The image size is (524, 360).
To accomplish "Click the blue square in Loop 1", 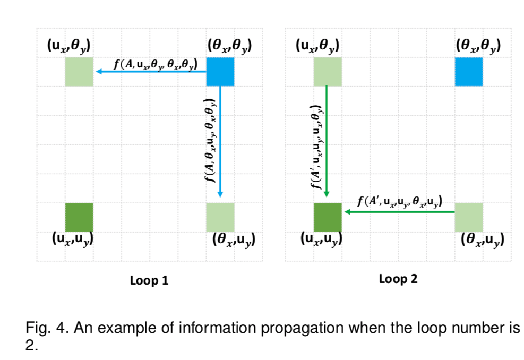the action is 220,72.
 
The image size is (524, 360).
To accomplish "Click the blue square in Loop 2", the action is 469,72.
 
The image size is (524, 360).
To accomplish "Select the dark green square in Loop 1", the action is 79,217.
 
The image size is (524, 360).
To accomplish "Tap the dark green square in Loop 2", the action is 328,217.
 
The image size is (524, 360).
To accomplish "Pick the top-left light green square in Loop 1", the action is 79,72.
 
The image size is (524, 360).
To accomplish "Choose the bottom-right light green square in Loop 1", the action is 220,217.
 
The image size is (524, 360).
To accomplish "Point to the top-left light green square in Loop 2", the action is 328,72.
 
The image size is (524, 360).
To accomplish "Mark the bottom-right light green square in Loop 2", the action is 469,217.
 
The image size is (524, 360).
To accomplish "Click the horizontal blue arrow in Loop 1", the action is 151,71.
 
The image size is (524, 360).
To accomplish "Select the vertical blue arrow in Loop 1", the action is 220,142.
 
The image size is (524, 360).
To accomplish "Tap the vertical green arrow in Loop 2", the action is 327,141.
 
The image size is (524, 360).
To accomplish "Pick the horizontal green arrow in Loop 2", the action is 399,211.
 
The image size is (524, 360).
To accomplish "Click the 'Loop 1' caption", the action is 149,280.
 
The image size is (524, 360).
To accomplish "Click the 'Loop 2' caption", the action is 398,279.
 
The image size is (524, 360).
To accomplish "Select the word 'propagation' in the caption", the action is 302,328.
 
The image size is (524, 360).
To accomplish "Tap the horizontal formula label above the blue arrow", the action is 156,64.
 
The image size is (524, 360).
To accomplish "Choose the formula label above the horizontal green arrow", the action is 400,201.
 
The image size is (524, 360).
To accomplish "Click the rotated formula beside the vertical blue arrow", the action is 211,140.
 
